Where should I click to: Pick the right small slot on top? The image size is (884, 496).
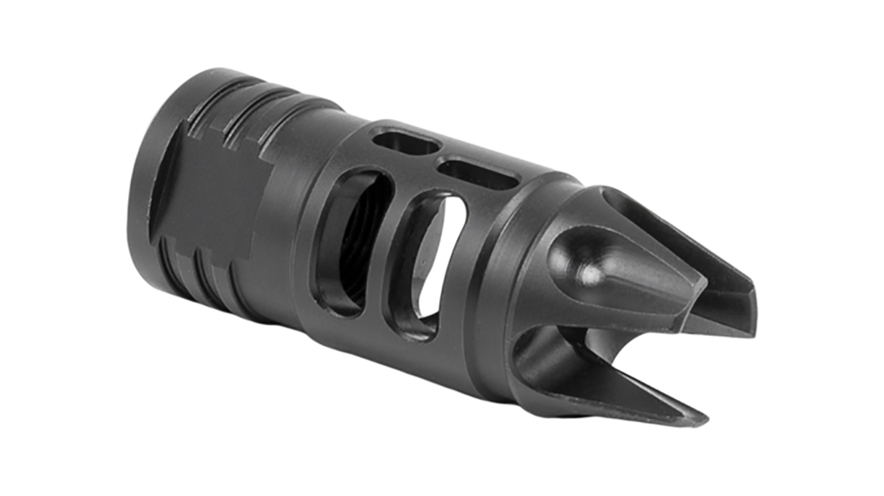coord(477,173)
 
